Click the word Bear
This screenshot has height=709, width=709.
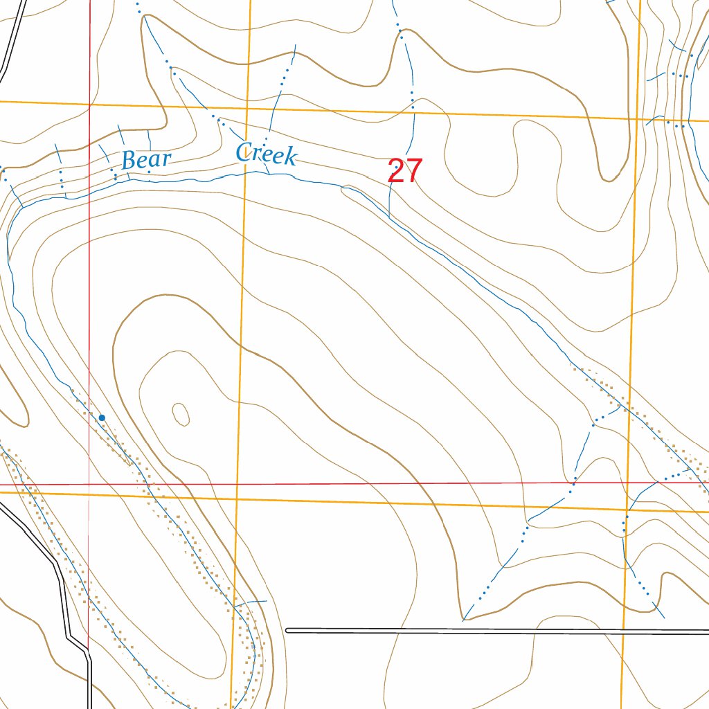[x=146, y=160]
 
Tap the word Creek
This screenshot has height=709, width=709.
[x=266, y=154]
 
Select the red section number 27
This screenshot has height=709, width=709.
[x=404, y=171]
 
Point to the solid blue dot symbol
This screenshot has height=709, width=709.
[x=102, y=418]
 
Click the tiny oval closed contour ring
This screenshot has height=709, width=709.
[x=181, y=414]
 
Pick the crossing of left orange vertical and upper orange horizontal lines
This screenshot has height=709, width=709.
[x=248, y=109]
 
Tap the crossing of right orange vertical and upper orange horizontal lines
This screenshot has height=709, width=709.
[x=638, y=119]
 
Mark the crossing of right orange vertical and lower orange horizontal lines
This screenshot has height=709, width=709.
[x=627, y=510]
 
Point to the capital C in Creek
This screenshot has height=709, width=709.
[x=244, y=152]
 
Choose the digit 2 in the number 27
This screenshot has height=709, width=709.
[x=396, y=171]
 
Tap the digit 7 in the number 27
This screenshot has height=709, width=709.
[x=413, y=171]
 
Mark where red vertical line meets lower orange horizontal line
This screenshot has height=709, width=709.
[x=89, y=494]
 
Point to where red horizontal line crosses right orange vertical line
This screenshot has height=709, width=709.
[x=628, y=482]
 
